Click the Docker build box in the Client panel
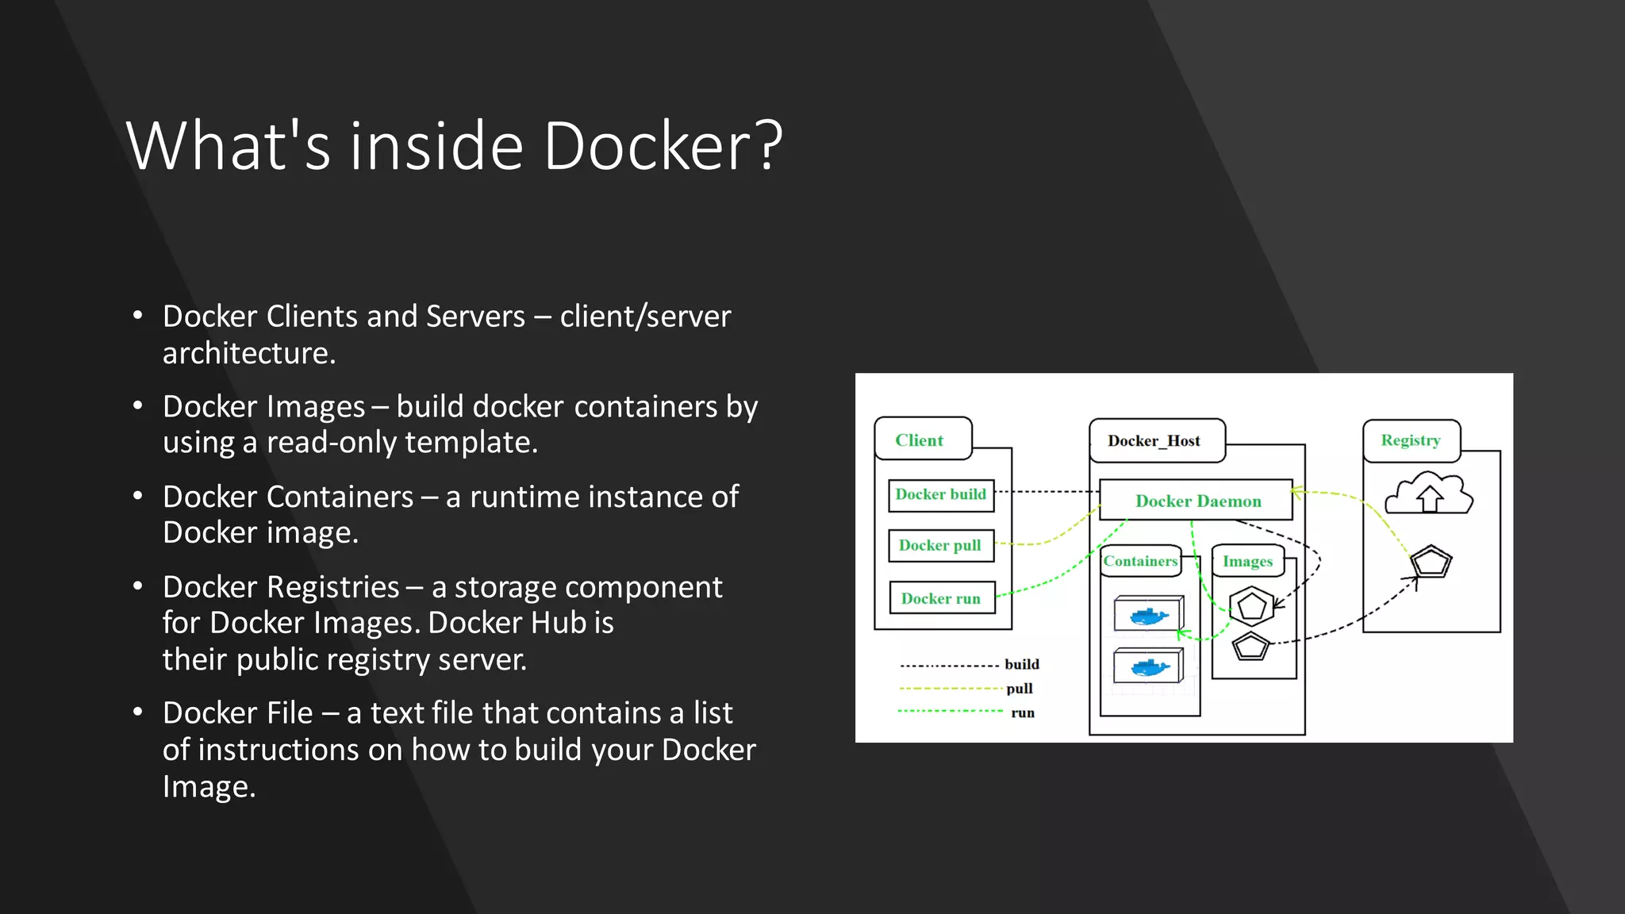[x=941, y=495]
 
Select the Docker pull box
[x=941, y=546]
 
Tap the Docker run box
[x=942, y=598]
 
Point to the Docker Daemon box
[x=1197, y=500]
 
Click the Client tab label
[x=920, y=440]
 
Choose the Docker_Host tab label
[x=1154, y=441]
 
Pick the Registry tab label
[x=1410, y=440]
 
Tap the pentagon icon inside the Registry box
[x=1431, y=563]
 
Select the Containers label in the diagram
[x=1140, y=561]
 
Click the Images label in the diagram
[x=1247, y=562]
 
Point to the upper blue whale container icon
[x=1148, y=614]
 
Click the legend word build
[x=1022, y=664]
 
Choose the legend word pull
[x=1020, y=689]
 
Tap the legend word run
[x=1023, y=713]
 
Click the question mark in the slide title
[x=769, y=146]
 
